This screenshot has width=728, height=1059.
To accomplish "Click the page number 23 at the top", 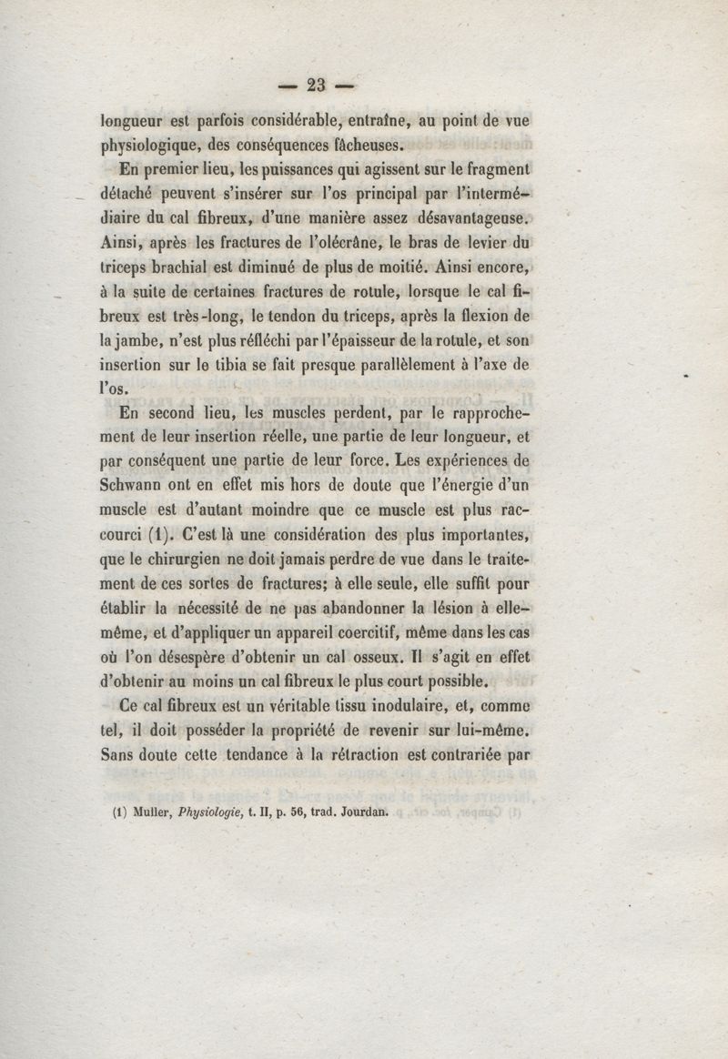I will [x=317, y=86].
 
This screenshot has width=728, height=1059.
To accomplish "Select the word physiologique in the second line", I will [x=149, y=146].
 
